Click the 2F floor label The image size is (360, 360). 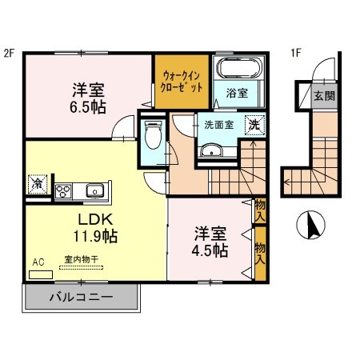coord(10,54)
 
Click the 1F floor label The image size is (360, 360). coord(295,54)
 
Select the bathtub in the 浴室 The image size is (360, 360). coord(234,70)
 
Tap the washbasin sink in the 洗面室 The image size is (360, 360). coord(212,150)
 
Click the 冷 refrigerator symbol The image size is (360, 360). coord(37,183)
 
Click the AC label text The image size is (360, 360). coord(38,262)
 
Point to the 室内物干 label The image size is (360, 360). coord(81,261)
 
